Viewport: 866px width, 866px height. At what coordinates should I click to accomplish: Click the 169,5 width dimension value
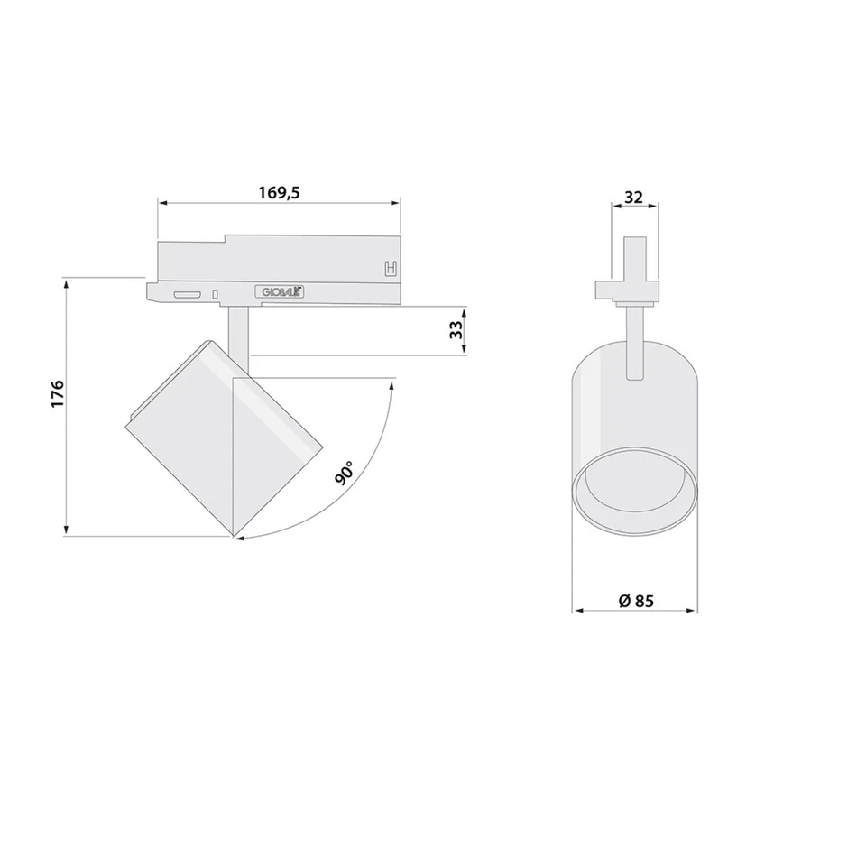point(278,192)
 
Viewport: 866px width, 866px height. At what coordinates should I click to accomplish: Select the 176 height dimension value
point(58,395)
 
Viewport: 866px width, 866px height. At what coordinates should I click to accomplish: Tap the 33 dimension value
point(456,330)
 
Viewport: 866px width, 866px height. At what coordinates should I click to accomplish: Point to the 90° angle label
point(344,473)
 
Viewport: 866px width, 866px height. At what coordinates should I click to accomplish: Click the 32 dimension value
point(634,197)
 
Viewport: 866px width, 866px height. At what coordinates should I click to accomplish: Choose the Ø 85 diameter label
point(636,601)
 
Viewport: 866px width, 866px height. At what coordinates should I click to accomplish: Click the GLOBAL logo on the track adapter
point(280,292)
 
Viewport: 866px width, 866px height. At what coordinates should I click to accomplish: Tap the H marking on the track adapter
point(391,268)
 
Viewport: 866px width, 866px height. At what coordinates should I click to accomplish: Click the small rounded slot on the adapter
point(188,295)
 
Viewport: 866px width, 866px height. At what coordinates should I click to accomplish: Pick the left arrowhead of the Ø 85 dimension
point(577,611)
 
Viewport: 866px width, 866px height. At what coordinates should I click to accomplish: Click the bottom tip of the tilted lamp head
point(235,536)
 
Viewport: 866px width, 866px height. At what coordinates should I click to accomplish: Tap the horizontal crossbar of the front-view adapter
point(628,290)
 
